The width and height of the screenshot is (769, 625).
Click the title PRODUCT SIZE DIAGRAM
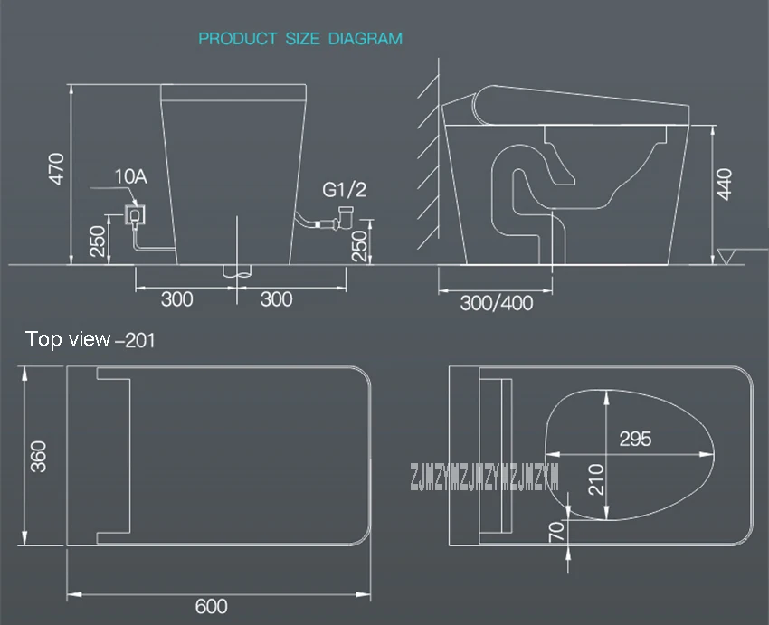click(300, 38)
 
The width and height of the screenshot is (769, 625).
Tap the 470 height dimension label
click(56, 169)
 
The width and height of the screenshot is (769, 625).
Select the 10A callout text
click(131, 176)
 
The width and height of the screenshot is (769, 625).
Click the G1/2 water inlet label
click(345, 190)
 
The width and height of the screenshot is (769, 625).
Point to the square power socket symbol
click(135, 214)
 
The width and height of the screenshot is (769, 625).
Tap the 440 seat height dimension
click(725, 185)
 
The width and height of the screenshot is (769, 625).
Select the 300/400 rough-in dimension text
click(497, 303)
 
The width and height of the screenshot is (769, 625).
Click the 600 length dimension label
click(212, 606)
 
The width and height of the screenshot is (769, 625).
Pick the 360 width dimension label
click(38, 457)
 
